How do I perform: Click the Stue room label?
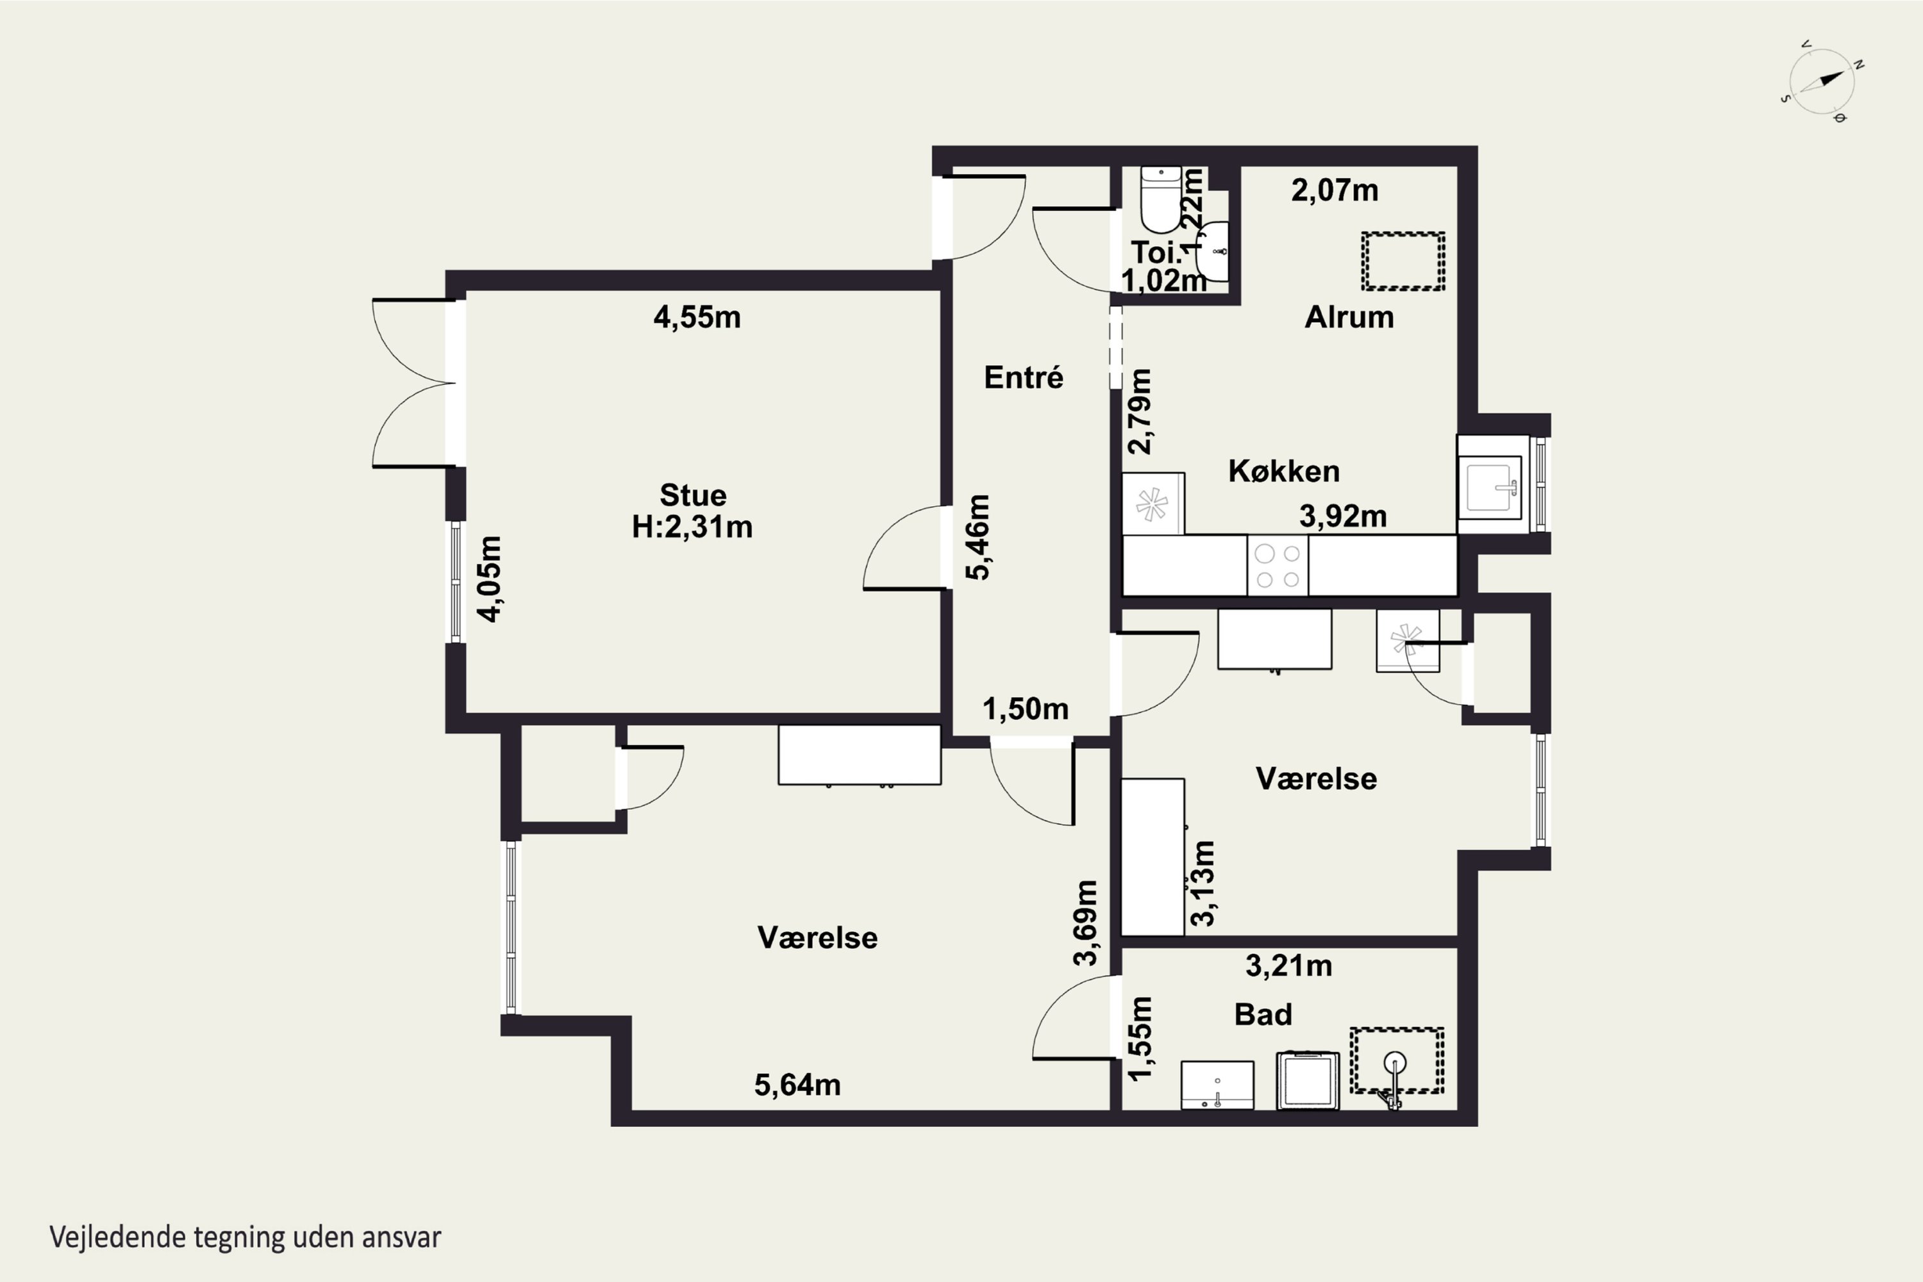pos(693,495)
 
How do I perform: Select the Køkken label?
pos(1284,471)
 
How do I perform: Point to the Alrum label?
pos(1349,316)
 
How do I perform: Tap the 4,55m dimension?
pos(697,317)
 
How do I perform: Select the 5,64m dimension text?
pos(797,1085)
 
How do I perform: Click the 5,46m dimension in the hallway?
pos(978,537)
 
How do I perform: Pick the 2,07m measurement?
pos(1335,190)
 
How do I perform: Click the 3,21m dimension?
pos(1289,966)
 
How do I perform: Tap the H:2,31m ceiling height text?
pos(692,527)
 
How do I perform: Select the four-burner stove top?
pos(1278,566)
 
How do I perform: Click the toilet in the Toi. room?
pos(1161,199)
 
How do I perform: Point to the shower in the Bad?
pos(1396,1061)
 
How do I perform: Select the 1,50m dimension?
pos(1026,709)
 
